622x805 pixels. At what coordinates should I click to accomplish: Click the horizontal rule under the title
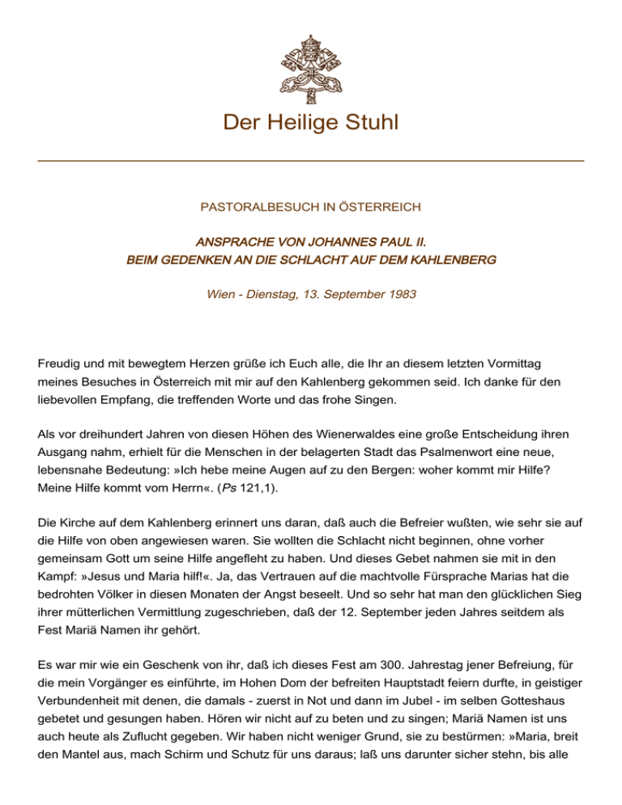311,161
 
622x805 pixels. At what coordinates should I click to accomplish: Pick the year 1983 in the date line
402,294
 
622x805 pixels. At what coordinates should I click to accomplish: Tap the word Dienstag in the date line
275,294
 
